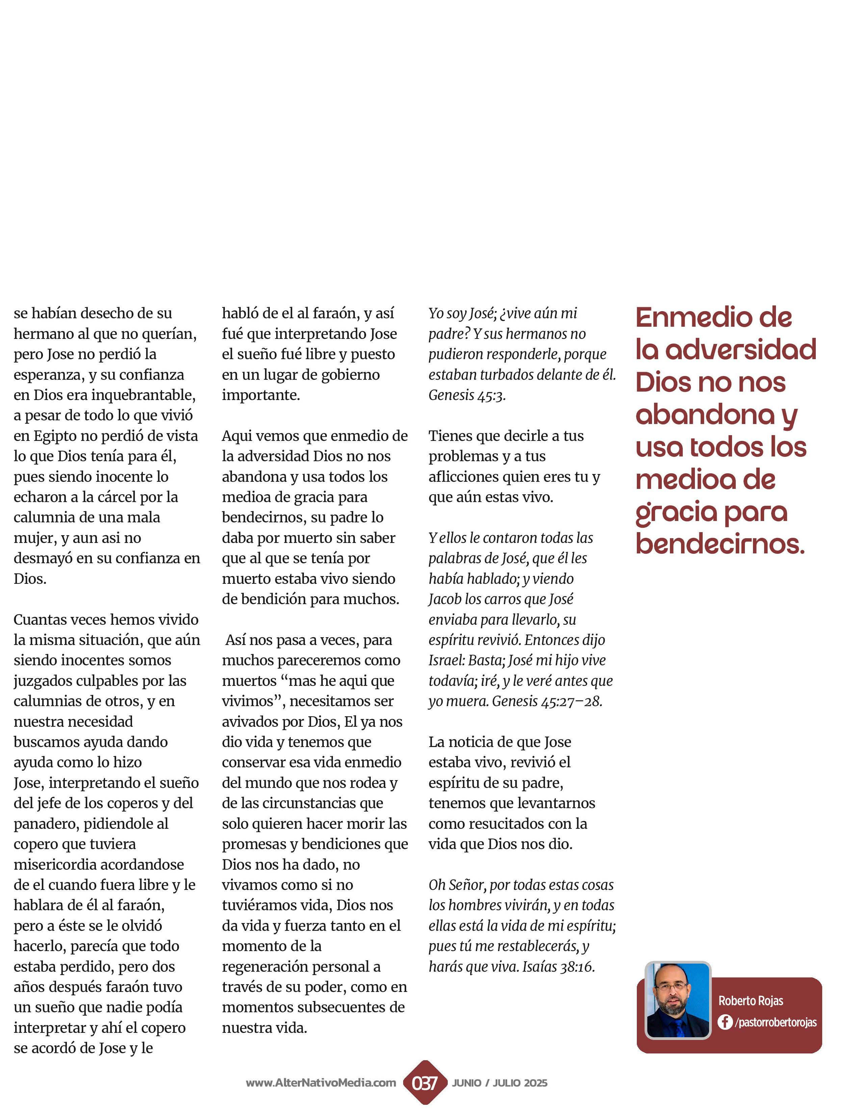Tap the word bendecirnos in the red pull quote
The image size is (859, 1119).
720,544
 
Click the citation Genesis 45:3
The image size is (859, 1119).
467,395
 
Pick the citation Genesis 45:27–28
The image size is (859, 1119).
547,701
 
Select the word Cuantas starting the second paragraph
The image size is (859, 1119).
40,620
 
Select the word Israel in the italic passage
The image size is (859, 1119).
446,660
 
